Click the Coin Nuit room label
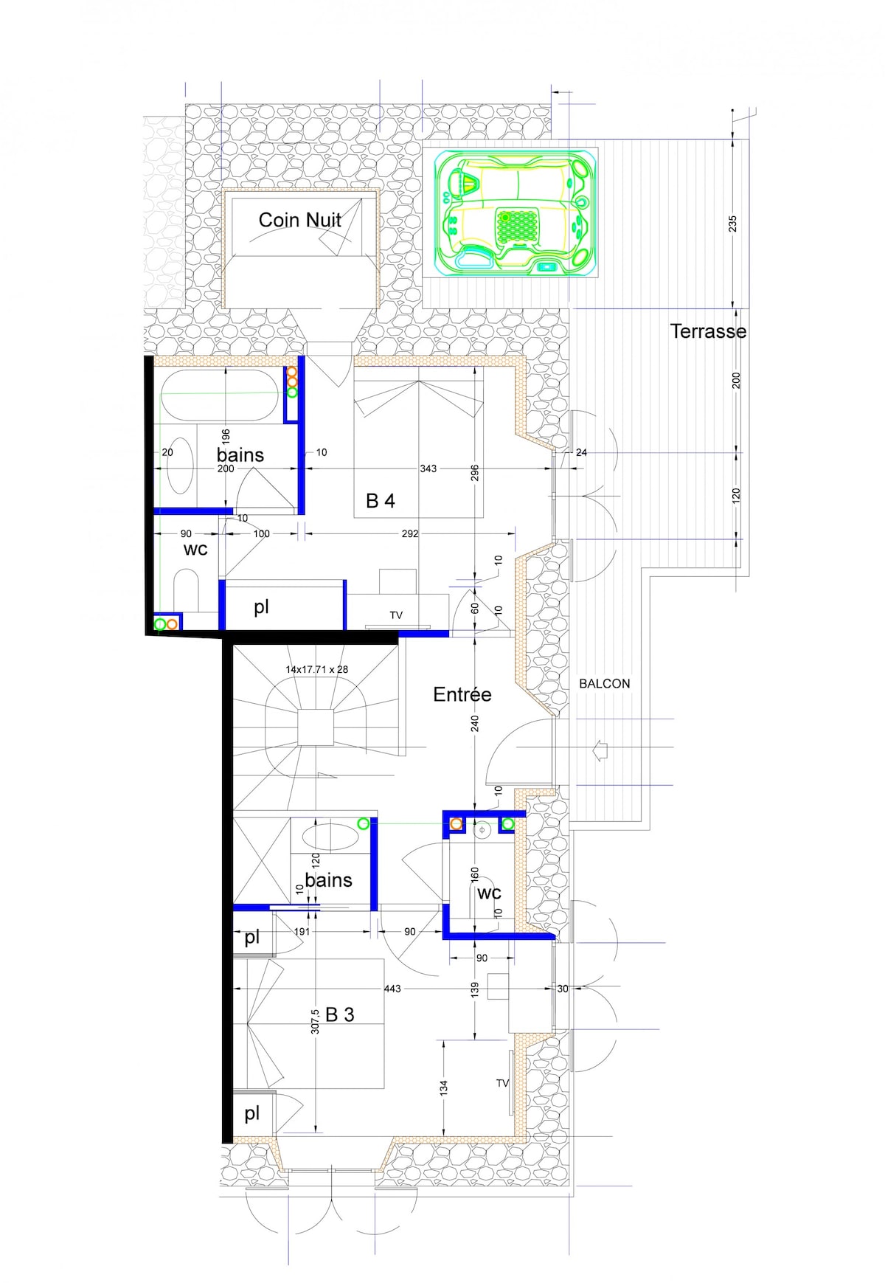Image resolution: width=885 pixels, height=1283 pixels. (299, 220)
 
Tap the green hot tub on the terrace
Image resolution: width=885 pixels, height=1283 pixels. (516, 212)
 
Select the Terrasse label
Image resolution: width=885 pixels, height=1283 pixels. (708, 331)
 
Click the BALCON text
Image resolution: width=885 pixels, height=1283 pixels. (605, 684)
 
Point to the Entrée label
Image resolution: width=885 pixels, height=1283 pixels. (462, 694)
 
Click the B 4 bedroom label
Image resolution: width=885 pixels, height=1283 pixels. (381, 501)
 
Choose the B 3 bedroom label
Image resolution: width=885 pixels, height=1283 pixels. (340, 1015)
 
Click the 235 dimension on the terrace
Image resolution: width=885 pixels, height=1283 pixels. (732, 224)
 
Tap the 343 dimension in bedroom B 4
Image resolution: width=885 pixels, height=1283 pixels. (428, 468)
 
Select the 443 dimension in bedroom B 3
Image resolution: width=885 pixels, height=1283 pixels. (392, 989)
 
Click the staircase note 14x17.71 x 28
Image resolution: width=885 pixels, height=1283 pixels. (317, 670)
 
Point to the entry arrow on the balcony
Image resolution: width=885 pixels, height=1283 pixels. (600, 752)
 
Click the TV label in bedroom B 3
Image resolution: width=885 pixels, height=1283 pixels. (502, 1083)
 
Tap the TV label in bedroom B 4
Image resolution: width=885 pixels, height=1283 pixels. (396, 615)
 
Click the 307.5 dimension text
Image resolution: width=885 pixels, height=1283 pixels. (315, 1021)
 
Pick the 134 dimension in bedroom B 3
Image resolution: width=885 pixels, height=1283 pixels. (443, 1087)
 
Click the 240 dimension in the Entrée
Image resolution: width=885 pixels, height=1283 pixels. (475, 723)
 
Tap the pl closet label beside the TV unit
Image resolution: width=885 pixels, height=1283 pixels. (261, 607)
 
